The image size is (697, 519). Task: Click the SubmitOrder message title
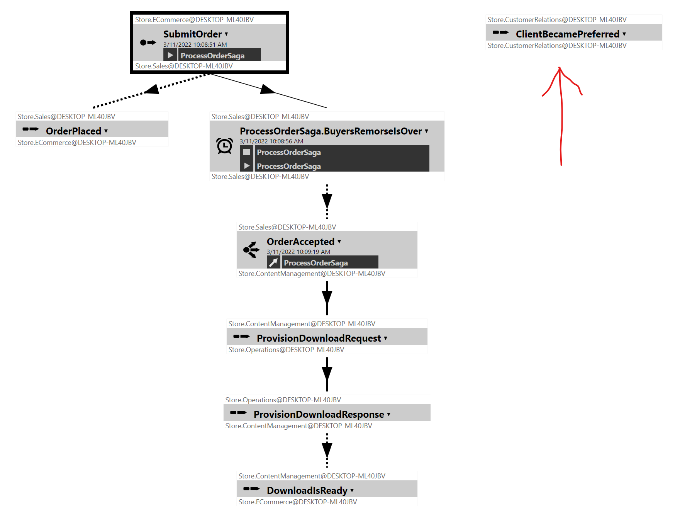pyautogui.click(x=192, y=34)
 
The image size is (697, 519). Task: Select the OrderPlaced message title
pyautogui.click(x=73, y=131)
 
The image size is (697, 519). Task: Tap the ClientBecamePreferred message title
pyautogui.click(x=567, y=34)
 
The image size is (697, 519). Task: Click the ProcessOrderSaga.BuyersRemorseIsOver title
pyautogui.click(x=331, y=131)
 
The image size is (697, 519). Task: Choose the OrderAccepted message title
pyautogui.click(x=300, y=242)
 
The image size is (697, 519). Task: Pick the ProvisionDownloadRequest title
pyautogui.click(x=319, y=338)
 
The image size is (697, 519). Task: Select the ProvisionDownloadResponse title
pyautogui.click(x=319, y=414)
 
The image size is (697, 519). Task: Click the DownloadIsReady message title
pyautogui.click(x=307, y=490)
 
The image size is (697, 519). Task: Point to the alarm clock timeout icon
pyautogui.click(x=224, y=146)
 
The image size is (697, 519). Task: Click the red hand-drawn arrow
pyautogui.click(x=561, y=116)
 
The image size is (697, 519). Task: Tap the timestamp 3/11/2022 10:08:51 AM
pyautogui.click(x=195, y=45)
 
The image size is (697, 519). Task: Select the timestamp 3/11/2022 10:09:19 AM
pyautogui.click(x=298, y=252)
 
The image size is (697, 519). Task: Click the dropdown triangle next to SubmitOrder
pyautogui.click(x=226, y=34)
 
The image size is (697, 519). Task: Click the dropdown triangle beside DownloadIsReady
pyautogui.click(x=352, y=490)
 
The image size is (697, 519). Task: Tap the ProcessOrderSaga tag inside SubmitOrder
pyautogui.click(x=212, y=56)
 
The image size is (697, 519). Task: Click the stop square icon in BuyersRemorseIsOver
pyautogui.click(x=246, y=152)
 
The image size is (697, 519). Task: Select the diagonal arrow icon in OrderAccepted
pyautogui.click(x=273, y=263)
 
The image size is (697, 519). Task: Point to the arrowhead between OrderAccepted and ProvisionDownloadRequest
pyautogui.click(x=327, y=297)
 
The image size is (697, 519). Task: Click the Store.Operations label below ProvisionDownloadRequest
pyautogui.click(x=286, y=350)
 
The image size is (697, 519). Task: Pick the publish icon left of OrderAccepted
pyautogui.click(x=251, y=250)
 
